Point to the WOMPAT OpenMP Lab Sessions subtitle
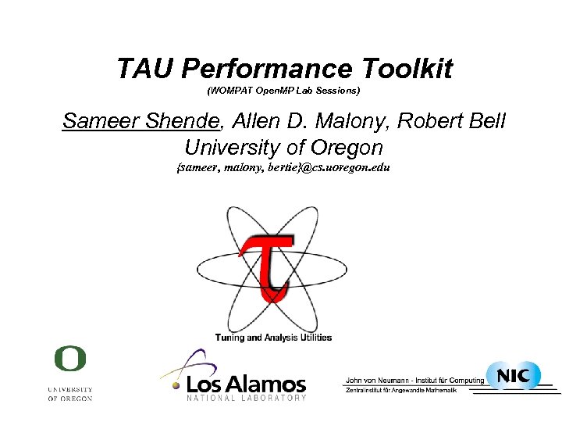pos(283,92)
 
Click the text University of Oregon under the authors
pos(283,146)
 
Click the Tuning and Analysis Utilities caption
pos(273,338)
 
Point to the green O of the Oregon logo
pos(69,359)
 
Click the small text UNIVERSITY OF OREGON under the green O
pos(69,393)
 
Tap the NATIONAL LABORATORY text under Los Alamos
pos(247,399)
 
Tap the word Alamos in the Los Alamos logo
pos(270,384)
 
